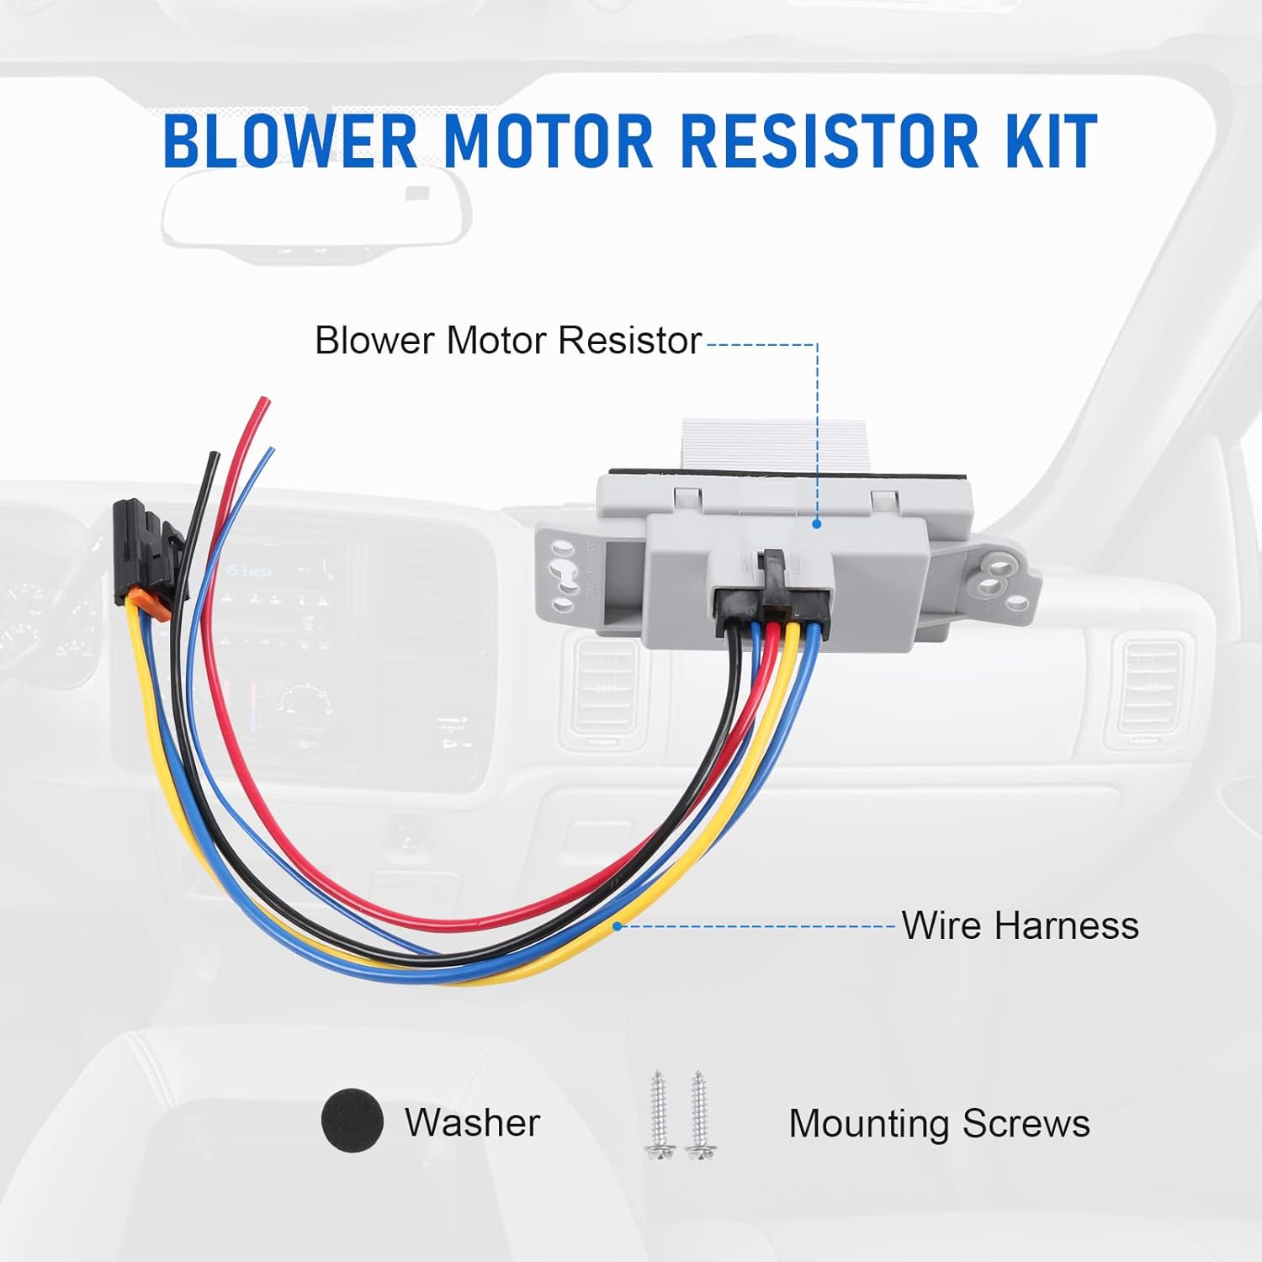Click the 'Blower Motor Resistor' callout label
point(507,341)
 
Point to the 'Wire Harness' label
point(1020,925)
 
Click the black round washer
point(353,1121)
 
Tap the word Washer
point(472,1122)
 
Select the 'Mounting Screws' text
point(939,1123)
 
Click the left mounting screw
point(659,1115)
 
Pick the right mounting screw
point(698,1115)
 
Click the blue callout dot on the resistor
point(816,523)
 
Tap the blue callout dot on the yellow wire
point(618,925)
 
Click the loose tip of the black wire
point(215,455)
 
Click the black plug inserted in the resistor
point(770,597)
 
